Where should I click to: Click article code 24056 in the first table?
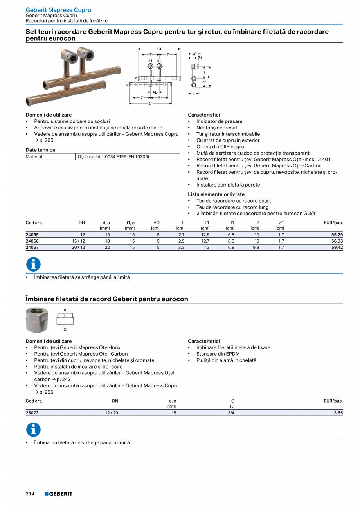[x=32, y=241]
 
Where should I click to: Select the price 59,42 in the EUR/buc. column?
[x=337, y=247]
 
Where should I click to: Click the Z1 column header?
[x=281, y=223]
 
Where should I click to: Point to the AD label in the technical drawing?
[x=155, y=92]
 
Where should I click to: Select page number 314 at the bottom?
[x=30, y=494]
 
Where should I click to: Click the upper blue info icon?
[x=33, y=264]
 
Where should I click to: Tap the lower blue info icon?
[x=33, y=430]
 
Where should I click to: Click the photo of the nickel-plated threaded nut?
[x=37, y=320]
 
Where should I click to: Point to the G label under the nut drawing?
[x=65, y=329]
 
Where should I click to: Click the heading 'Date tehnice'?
[x=40, y=150]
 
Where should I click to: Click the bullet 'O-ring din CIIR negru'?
[x=220, y=147]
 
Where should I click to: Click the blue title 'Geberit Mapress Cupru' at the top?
[x=58, y=10]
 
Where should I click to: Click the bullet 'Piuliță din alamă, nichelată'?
[x=226, y=360]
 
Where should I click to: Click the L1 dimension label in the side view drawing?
[x=210, y=77]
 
